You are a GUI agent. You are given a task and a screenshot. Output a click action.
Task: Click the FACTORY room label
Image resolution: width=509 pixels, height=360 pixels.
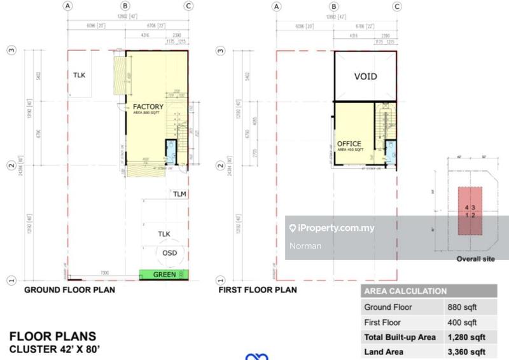coord(148,107)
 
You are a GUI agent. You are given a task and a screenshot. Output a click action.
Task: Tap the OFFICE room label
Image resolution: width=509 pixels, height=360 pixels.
coord(349,144)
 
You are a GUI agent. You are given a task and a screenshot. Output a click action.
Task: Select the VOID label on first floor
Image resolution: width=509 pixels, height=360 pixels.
coord(365,76)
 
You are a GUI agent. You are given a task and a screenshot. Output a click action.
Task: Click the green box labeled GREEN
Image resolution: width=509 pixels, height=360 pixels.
coord(164,275)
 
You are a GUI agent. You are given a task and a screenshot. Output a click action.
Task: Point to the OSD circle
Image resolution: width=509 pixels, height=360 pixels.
coord(169,253)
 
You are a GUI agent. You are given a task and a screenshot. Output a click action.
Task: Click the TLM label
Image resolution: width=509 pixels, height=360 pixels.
coord(179,194)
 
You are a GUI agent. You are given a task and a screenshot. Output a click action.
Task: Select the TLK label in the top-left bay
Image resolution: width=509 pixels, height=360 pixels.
coord(80,75)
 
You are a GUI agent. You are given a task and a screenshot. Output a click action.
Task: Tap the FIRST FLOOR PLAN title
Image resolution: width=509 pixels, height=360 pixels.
coord(258,290)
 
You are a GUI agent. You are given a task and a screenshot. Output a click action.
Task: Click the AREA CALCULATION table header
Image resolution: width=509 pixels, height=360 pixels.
coord(405,291)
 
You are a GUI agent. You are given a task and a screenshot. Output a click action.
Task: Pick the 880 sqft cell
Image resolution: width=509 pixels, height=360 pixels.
coord(462,307)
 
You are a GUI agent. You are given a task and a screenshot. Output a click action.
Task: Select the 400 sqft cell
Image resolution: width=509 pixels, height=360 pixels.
coord(462,322)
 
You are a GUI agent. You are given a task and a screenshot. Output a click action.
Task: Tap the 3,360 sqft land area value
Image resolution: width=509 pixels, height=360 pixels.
coord(466,352)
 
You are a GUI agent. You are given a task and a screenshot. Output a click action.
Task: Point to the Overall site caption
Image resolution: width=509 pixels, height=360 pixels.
coord(475,259)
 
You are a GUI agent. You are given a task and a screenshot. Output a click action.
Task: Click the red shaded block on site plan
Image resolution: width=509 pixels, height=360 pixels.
coord(470,211)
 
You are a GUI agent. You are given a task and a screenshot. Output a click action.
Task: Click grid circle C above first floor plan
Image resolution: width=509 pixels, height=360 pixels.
coord(397,6)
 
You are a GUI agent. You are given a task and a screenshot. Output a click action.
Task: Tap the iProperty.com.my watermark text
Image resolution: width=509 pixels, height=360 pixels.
coord(337,228)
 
